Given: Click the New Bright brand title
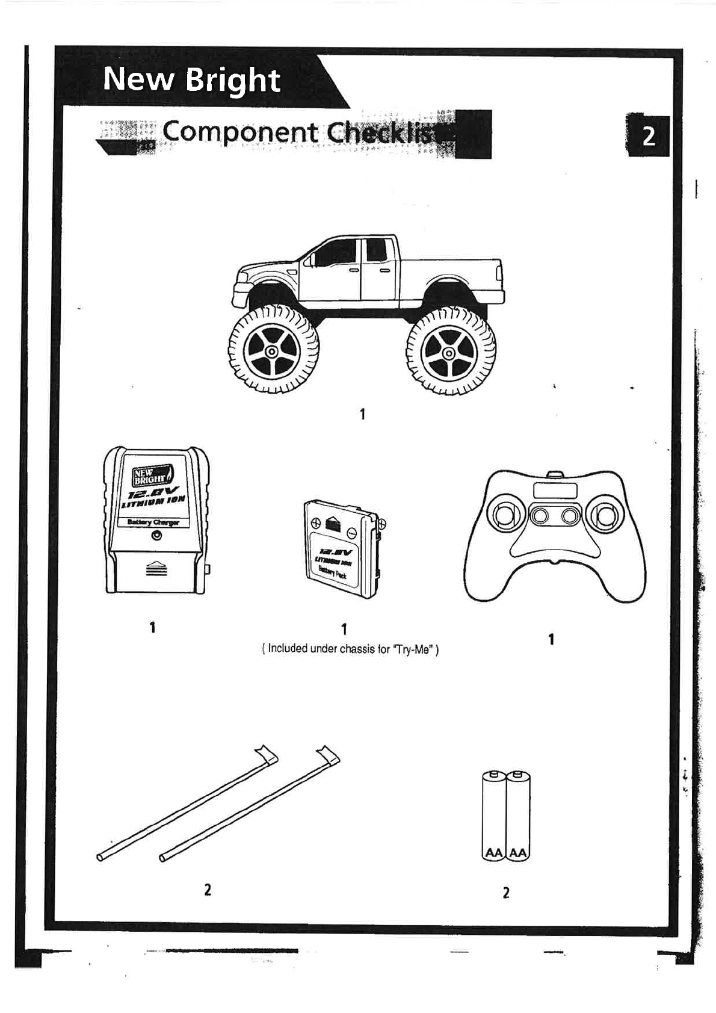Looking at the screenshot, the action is tap(191, 79).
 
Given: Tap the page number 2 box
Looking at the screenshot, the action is tap(648, 136).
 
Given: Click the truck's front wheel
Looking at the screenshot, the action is tap(273, 351).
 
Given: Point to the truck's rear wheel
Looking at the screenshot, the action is tap(450, 351).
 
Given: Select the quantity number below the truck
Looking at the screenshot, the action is tap(362, 414).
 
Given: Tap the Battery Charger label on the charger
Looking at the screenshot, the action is tap(153, 522).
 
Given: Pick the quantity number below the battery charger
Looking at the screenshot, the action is tap(153, 627).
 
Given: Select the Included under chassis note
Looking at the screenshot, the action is tap(350, 649).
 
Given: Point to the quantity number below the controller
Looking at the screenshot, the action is tap(551, 639).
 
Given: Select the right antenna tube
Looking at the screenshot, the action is tap(250, 804).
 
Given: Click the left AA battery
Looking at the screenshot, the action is tap(493, 816).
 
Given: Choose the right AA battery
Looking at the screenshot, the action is tap(518, 816).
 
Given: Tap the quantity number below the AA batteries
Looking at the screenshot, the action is tap(506, 893).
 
